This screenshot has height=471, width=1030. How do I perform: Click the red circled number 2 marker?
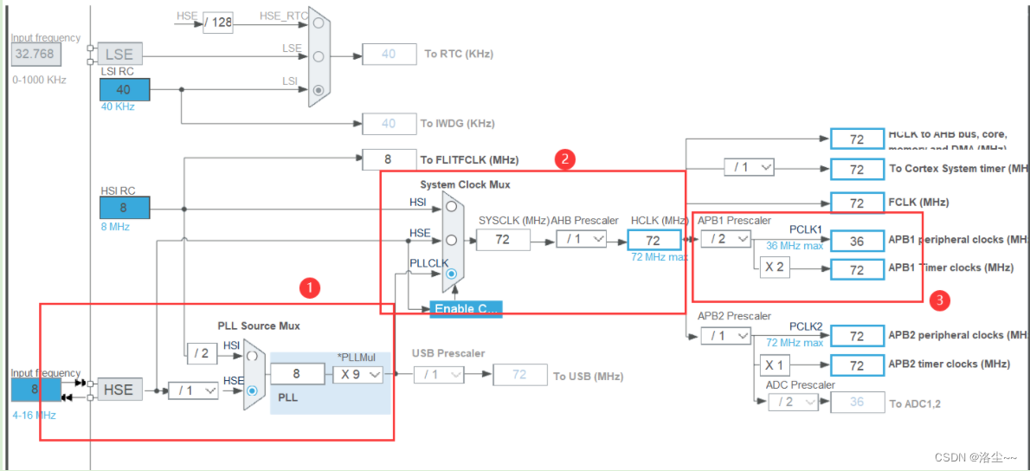coord(564,158)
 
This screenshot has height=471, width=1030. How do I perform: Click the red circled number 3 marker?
coord(940,301)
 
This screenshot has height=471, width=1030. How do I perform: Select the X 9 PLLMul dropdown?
coord(357,374)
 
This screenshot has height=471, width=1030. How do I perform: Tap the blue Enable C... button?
coord(466,309)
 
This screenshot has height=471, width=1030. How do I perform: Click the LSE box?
coord(119,54)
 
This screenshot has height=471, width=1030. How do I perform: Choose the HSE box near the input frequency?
coord(119,390)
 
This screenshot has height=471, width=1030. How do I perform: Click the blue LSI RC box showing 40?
coord(125,89)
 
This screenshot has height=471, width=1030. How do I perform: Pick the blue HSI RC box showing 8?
coord(125,208)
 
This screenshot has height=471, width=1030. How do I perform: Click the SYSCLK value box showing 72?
coord(502,239)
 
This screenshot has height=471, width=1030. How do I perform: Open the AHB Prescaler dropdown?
coord(581,239)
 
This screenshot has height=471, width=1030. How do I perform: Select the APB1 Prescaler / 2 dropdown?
coord(725,239)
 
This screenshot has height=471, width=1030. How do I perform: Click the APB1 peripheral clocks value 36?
coord(856,241)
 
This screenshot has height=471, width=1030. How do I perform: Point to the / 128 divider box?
coord(218,23)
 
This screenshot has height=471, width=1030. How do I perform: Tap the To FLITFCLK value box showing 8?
coord(388,159)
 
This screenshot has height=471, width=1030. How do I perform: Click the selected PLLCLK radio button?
coord(451,274)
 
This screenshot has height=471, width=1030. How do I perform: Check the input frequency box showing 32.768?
coord(35,54)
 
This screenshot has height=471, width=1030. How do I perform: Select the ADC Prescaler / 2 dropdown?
coord(792,401)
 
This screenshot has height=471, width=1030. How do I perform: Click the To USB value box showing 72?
coord(519,375)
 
